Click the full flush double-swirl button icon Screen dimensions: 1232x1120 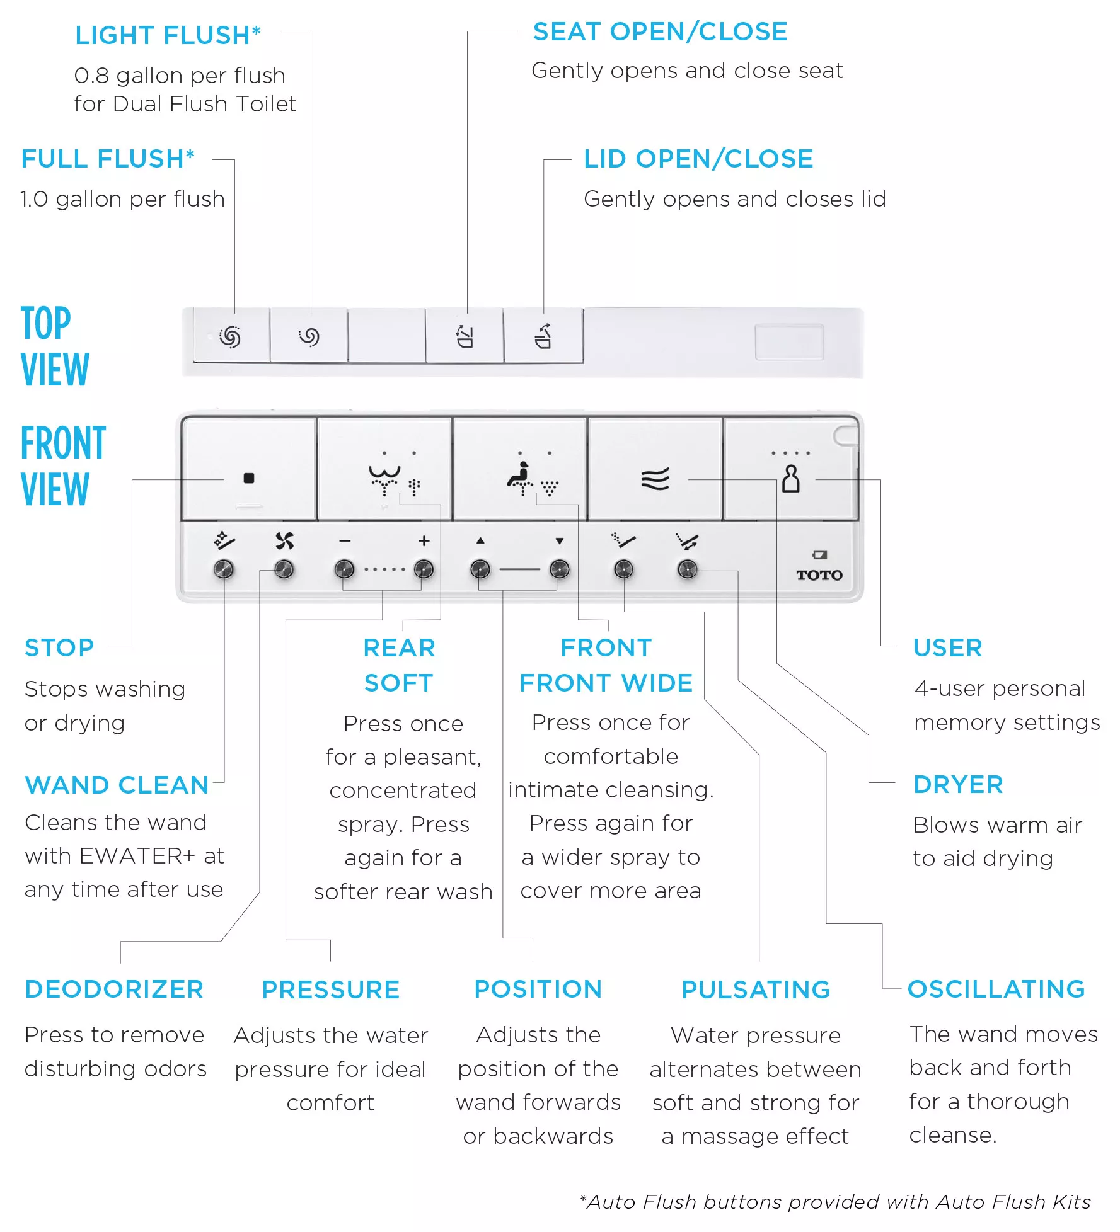230,336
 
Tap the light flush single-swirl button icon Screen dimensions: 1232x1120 309,336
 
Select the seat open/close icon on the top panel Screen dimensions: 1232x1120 465,336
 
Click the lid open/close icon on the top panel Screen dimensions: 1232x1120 543,336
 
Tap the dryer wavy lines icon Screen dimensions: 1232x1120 655,479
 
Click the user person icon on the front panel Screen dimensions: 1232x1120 790,479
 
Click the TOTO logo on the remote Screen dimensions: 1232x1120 819,575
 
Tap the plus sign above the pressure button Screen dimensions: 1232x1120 424,541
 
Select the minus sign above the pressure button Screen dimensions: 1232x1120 344,541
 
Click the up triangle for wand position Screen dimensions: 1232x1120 480,540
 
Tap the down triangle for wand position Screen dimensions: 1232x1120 560,540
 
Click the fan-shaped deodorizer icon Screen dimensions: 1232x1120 284,540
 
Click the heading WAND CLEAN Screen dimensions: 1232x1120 117,785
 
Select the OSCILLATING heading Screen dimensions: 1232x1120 996,989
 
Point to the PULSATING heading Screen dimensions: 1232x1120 756,990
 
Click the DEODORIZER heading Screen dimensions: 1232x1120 114,989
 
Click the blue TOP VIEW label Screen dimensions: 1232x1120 55,346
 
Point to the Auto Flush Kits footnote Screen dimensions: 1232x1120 835,1202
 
